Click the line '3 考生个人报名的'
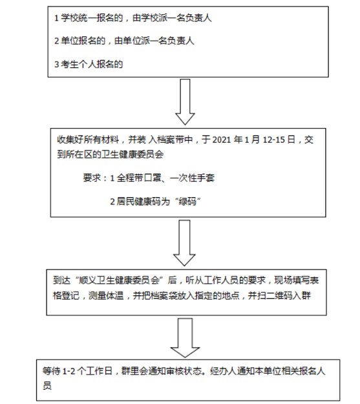(x=89, y=64)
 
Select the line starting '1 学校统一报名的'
(x=133, y=18)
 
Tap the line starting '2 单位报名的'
(x=124, y=41)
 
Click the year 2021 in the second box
(x=221, y=140)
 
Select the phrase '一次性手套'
(x=192, y=178)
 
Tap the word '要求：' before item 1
(x=95, y=178)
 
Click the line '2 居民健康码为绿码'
(x=156, y=201)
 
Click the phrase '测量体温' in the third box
(x=106, y=295)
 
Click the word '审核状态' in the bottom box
(x=184, y=371)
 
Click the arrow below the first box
(x=185, y=102)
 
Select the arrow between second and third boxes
(x=184, y=243)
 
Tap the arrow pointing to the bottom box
(x=185, y=338)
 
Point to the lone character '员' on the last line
(x=47, y=386)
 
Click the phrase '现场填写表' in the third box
(x=297, y=281)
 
